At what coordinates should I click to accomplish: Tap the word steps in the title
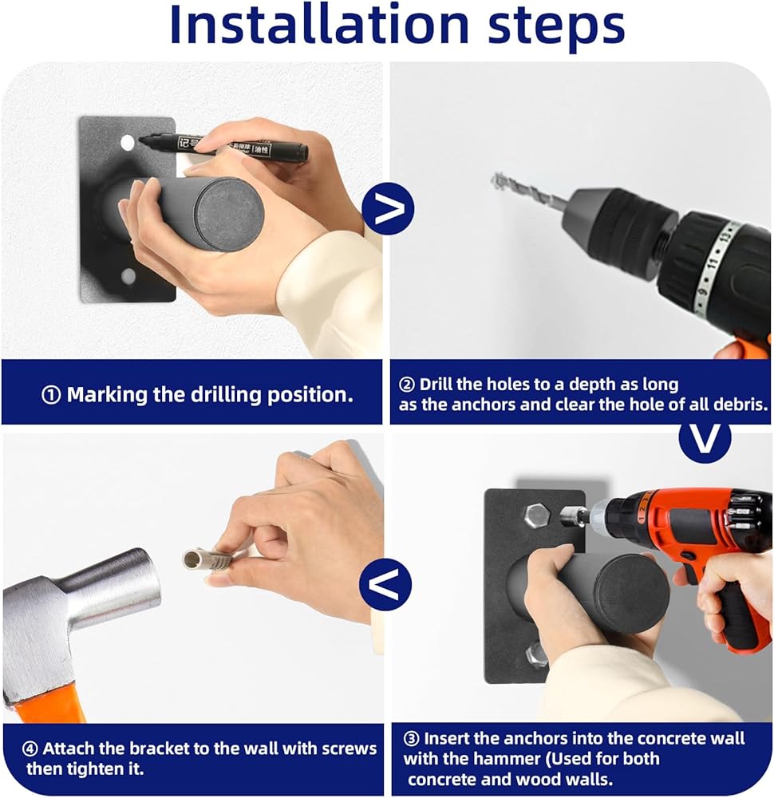[555, 28]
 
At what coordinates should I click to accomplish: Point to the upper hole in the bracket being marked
[127, 143]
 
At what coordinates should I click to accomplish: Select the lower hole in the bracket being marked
[128, 276]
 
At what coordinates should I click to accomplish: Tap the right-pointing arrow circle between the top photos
[389, 208]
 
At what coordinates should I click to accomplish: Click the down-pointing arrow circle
[705, 437]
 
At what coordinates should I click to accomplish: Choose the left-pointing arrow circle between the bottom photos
[385, 584]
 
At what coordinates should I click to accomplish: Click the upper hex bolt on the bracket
[536, 516]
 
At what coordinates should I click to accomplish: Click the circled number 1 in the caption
[51, 396]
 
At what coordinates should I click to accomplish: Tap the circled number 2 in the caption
[407, 385]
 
